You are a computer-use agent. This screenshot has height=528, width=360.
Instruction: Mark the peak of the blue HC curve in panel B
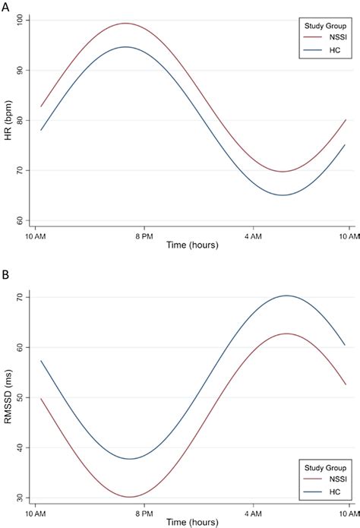[287, 296]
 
